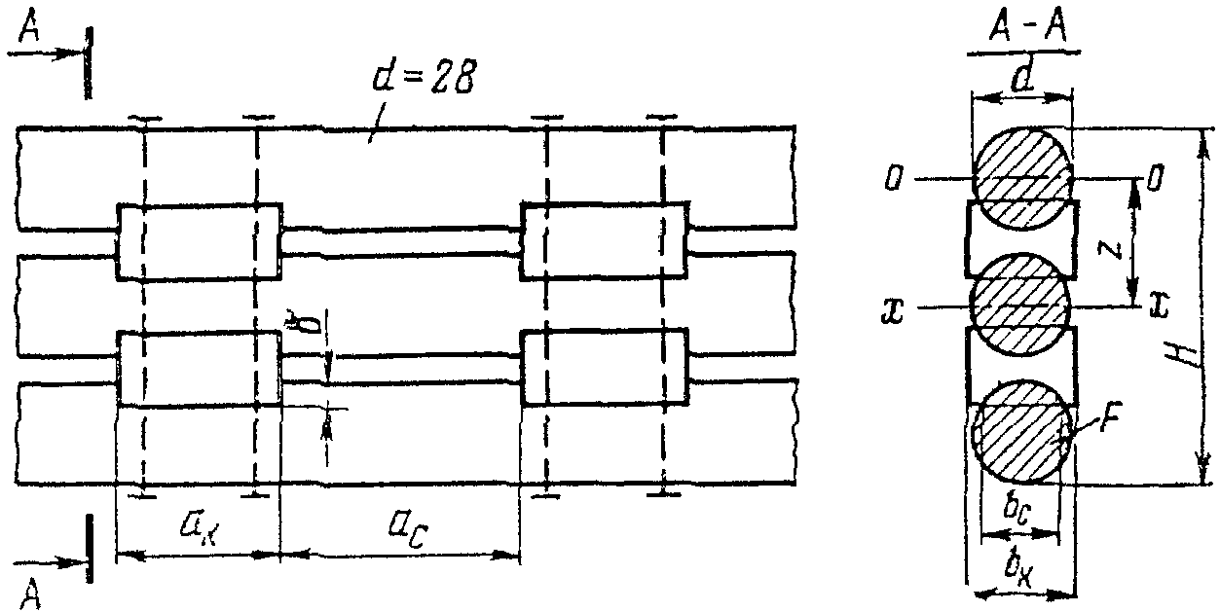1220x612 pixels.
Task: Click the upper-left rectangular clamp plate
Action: click(199, 241)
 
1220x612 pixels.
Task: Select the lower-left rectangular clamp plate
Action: click(199, 368)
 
